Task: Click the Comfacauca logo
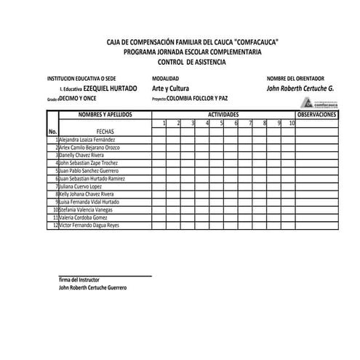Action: [319, 103]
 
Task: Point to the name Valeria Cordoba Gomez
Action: [84, 217]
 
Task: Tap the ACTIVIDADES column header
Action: [223, 115]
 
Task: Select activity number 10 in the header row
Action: [291, 123]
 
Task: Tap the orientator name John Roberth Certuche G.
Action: [300, 88]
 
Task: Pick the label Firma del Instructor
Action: [79, 280]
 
